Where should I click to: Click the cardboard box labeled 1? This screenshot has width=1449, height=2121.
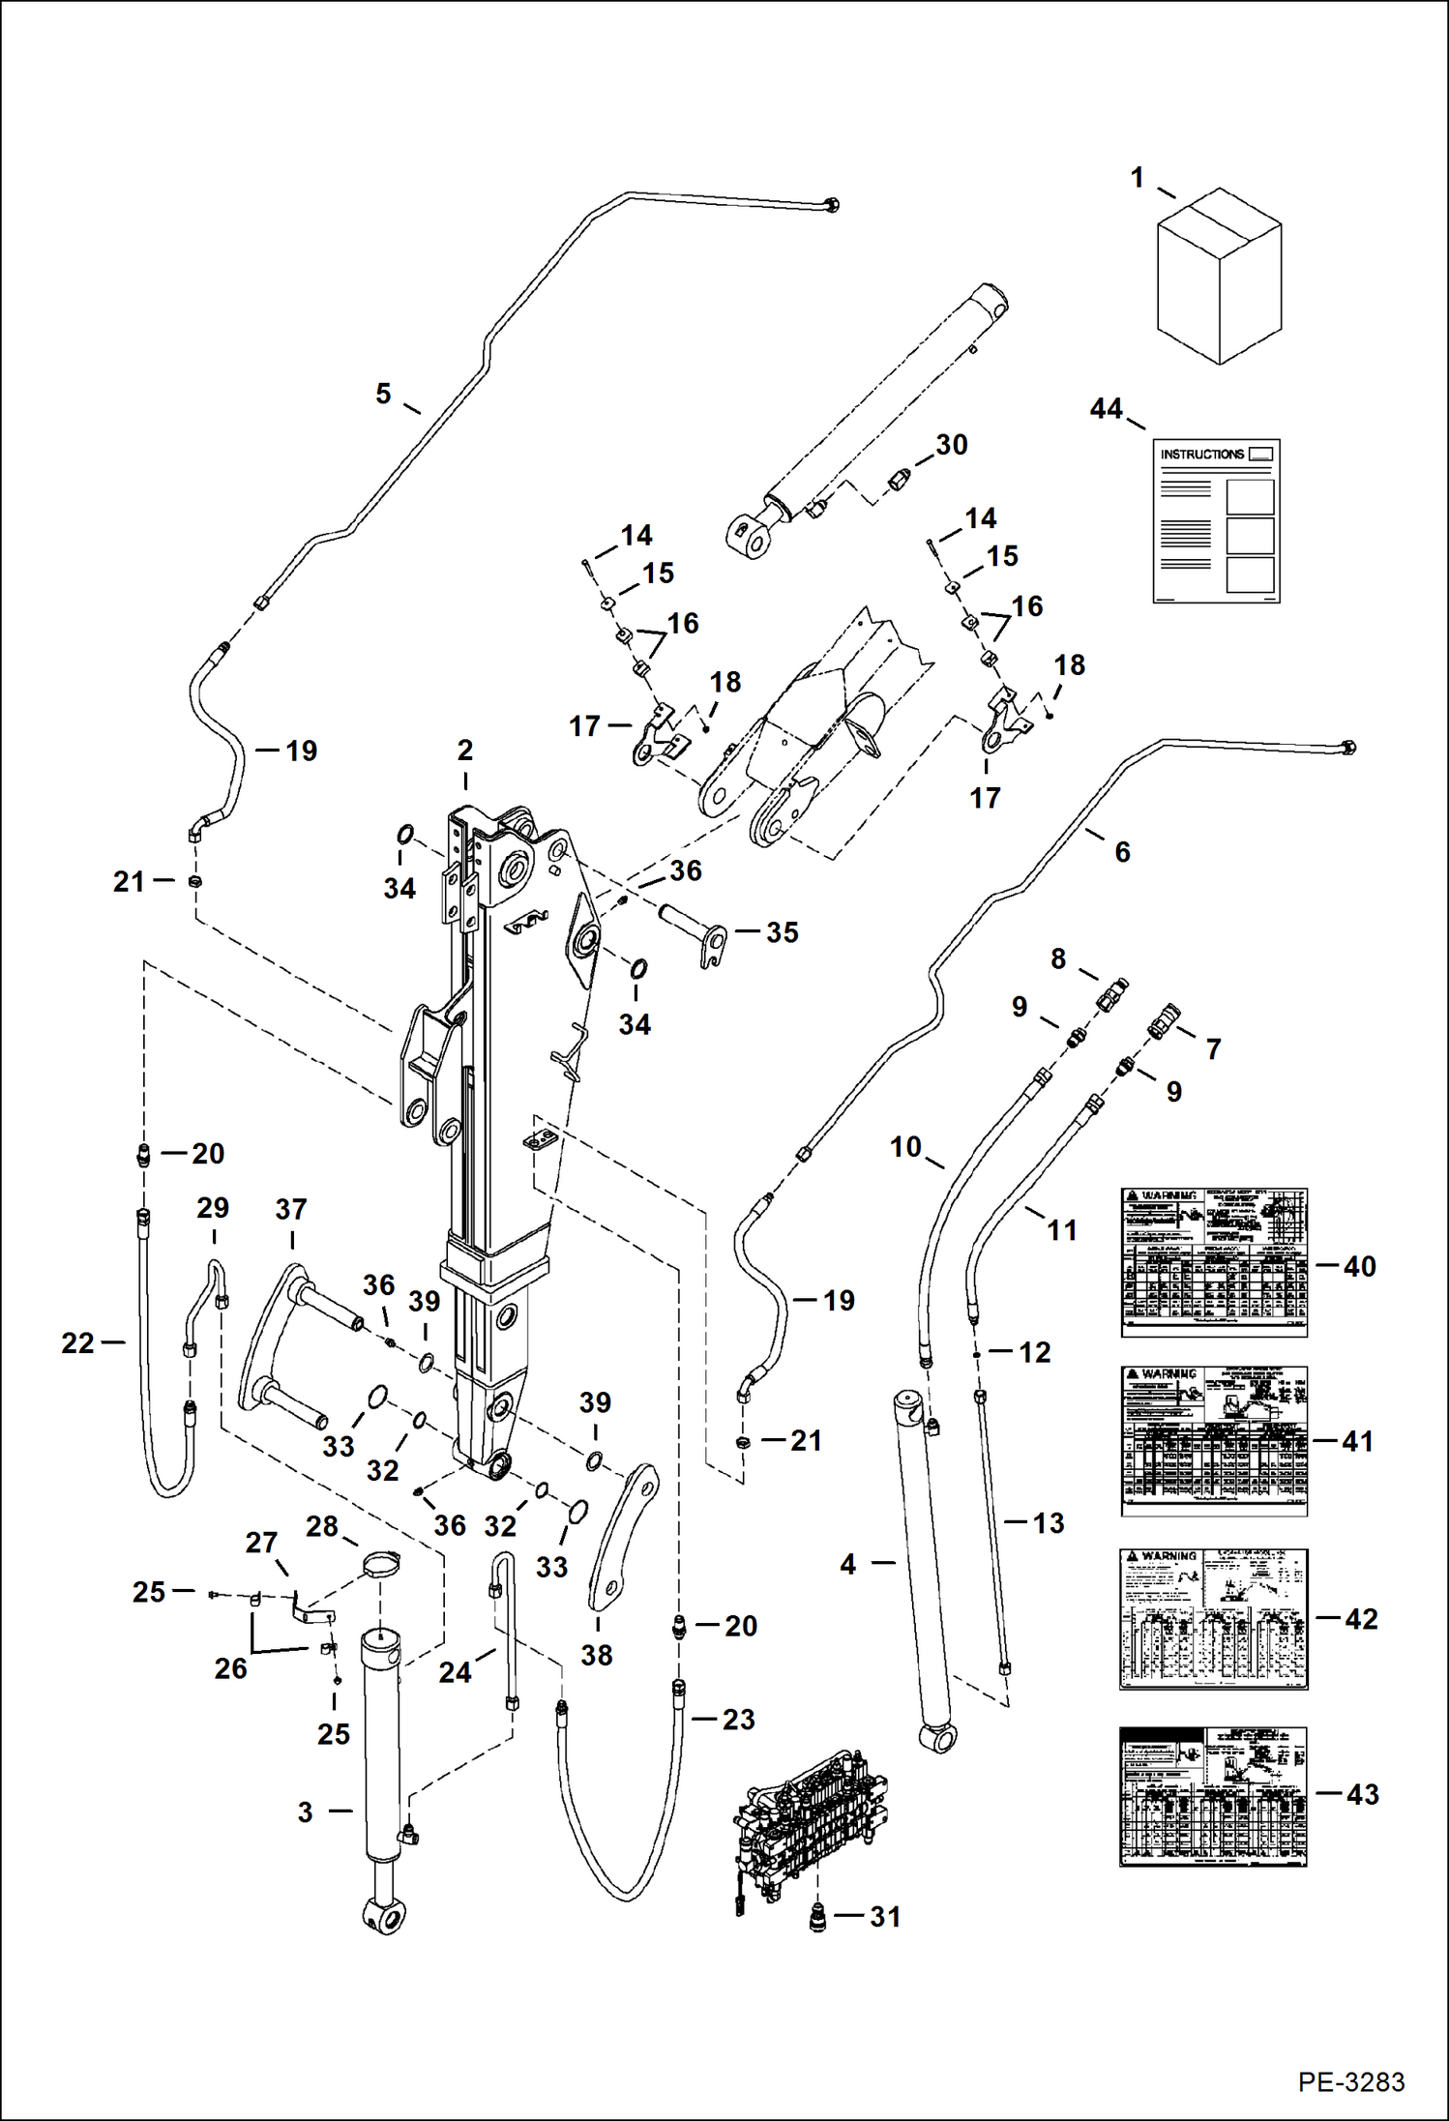pos(1219,277)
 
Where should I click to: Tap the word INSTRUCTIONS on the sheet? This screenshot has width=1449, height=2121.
pos(1201,454)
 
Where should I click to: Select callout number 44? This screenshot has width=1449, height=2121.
pos(1106,409)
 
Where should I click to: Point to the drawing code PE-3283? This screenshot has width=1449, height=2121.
pos(1350,2081)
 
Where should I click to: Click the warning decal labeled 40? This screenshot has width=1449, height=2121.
pos(1213,1262)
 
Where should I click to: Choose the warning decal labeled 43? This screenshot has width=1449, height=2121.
pos(1213,1796)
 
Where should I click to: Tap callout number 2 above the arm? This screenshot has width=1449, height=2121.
pos(465,750)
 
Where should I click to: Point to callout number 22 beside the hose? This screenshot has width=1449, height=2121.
pos(77,1342)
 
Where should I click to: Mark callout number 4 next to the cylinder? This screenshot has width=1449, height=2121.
pos(848,1564)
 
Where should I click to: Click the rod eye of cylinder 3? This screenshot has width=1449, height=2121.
pos(384,1913)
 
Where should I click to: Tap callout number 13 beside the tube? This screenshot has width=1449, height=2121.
pos(1048,1523)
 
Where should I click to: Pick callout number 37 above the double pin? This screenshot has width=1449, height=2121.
pos(291,1209)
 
